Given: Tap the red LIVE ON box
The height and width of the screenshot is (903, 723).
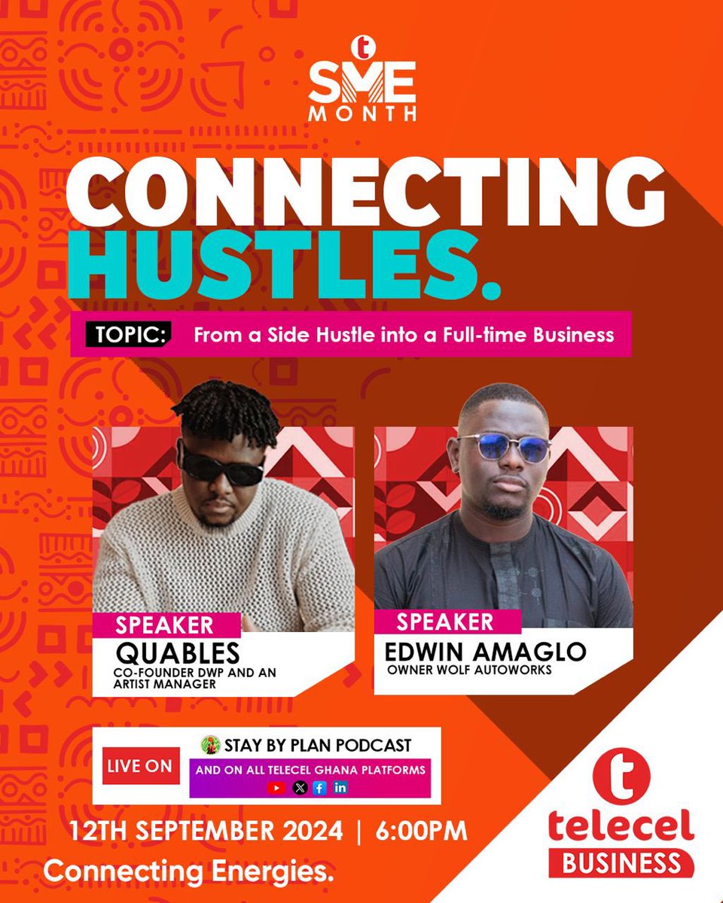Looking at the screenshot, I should [x=139, y=767].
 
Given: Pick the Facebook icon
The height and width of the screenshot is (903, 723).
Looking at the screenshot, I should [x=319, y=788].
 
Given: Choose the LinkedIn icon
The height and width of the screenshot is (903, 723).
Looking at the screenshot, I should [x=340, y=788].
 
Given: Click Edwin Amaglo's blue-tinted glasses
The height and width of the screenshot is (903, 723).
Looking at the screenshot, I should [x=504, y=448].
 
